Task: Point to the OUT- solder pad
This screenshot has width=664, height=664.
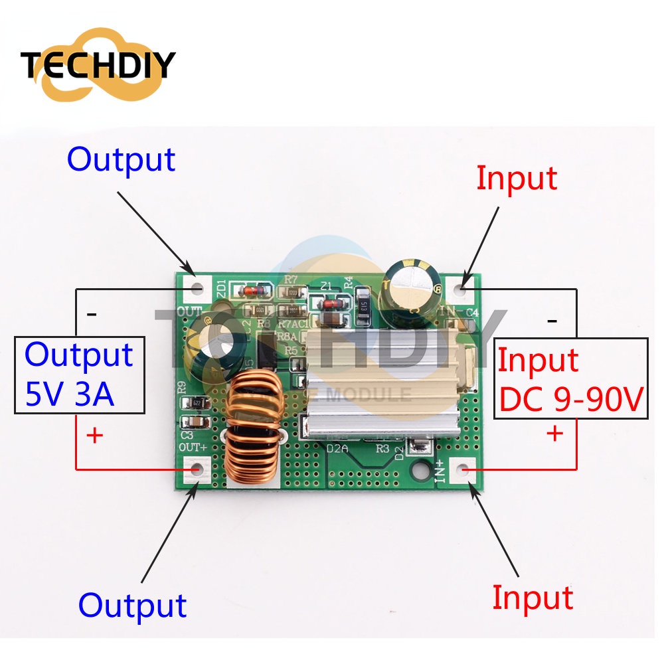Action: [x=197, y=288]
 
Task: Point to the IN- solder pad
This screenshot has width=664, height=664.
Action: [x=463, y=288]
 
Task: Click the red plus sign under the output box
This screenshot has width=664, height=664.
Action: [x=95, y=436]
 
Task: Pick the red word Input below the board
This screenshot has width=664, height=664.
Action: [x=532, y=598]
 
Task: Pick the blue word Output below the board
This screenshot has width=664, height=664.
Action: [x=132, y=605]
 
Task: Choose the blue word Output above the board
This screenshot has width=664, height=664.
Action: [x=122, y=159]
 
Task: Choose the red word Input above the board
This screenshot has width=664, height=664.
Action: [x=517, y=178]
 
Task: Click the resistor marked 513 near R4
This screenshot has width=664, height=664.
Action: [x=362, y=306]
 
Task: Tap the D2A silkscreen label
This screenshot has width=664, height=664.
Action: [x=338, y=448]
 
